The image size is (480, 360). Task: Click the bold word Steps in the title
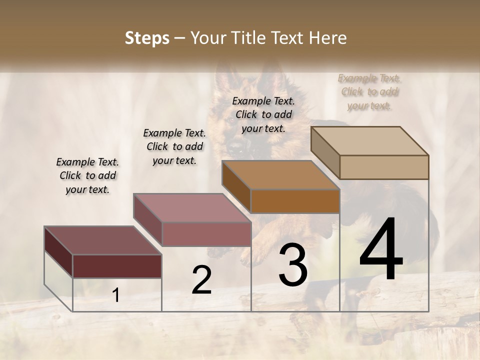[147, 38]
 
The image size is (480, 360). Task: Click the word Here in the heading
[327, 38]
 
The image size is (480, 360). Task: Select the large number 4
[381, 250]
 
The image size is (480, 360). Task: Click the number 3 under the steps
[293, 265]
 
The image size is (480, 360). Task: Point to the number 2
[201, 280]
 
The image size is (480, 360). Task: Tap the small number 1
[116, 295]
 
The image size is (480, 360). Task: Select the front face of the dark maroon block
[117, 266]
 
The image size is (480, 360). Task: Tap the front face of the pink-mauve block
[206, 234]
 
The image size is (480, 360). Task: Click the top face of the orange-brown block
[280, 175]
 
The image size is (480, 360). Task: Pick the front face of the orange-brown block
[295, 201]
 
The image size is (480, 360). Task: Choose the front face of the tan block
[384, 167]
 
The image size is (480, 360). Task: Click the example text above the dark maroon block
[87, 175]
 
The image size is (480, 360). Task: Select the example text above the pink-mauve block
[174, 146]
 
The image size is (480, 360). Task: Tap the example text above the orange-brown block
[263, 114]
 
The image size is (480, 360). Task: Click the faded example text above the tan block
[369, 91]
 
